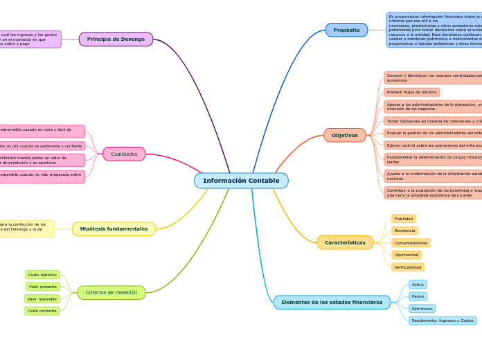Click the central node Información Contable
coord(241,181)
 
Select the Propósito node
coord(346,30)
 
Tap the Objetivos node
coord(344,135)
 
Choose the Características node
coord(345,242)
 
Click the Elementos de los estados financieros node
coord(332,302)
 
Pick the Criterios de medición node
coord(111,292)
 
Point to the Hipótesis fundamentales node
coord(114,228)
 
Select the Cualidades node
coord(124,154)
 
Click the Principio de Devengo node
coord(116,39)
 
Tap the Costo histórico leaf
coord(42,275)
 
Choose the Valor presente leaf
coord(43,287)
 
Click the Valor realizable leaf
coord(42,299)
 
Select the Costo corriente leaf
coord(42,311)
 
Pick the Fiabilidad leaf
coord(403,219)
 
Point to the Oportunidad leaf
coord(406,255)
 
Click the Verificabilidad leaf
coord(407,267)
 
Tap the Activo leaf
coord(418,285)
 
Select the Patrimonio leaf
coord(422,309)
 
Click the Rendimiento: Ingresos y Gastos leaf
coord(443,321)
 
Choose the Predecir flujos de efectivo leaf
coord(411,92)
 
